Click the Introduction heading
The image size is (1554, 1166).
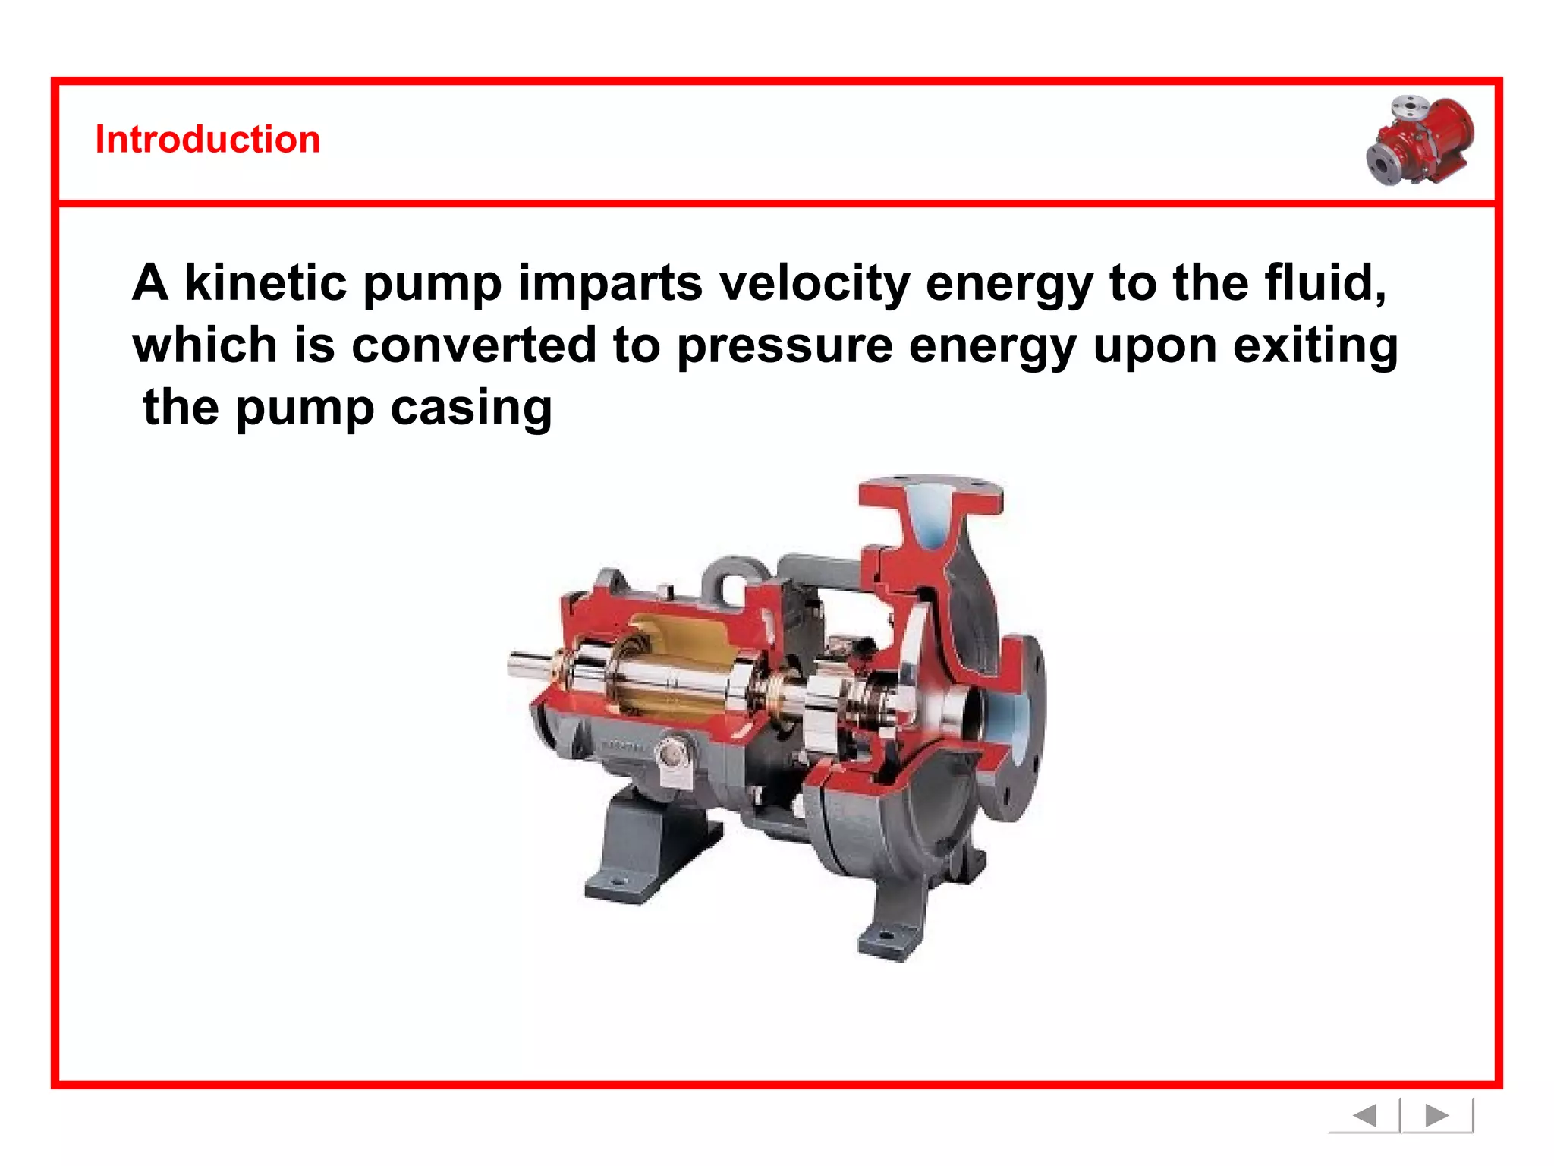(x=207, y=140)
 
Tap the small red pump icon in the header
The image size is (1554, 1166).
(x=1420, y=141)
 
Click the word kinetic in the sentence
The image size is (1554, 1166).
(x=266, y=282)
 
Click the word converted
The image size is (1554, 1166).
(x=473, y=345)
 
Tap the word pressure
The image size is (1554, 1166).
(x=785, y=345)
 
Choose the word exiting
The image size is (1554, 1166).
(x=1315, y=345)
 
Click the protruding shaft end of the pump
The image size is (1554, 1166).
(x=527, y=666)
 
